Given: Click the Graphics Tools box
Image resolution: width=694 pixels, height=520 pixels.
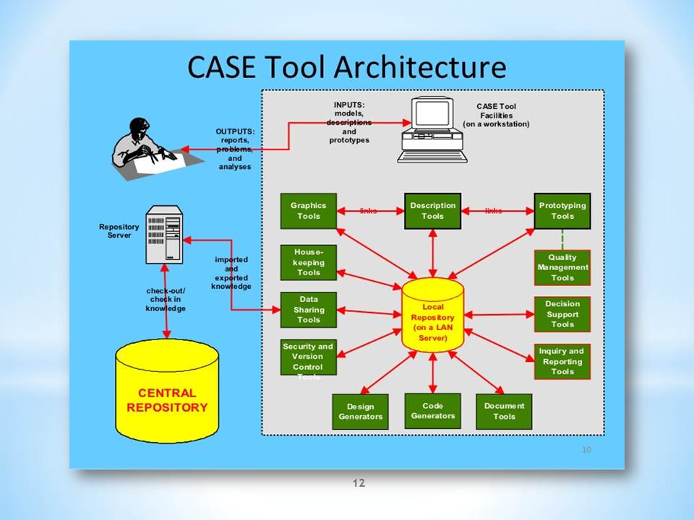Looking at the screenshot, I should point(309,210).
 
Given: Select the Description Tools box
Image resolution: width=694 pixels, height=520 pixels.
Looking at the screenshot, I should point(432,210).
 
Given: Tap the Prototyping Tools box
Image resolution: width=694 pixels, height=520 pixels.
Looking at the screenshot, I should point(562,210).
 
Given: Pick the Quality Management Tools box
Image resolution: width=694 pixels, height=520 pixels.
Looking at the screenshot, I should point(562,267).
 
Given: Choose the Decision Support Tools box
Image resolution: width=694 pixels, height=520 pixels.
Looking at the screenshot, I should point(562,314).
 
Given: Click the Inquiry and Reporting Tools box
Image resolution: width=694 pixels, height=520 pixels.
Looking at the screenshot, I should point(562,361).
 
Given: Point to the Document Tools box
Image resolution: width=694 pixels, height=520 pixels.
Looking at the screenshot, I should point(504,411).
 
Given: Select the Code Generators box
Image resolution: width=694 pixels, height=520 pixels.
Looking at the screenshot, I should point(432,410).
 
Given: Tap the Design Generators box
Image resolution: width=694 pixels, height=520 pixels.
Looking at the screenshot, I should point(360,412).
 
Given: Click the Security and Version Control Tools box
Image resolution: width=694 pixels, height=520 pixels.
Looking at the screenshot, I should point(309,357).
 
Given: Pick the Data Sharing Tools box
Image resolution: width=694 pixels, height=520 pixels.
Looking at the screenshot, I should point(309,309).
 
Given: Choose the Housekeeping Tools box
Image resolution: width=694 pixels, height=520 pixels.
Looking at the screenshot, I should point(309,262).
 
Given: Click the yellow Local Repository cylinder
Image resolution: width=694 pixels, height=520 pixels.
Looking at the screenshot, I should point(432,317).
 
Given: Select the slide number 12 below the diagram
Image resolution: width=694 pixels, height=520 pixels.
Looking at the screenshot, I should point(359,482).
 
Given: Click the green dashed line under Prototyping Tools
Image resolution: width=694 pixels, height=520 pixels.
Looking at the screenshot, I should point(562,239).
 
